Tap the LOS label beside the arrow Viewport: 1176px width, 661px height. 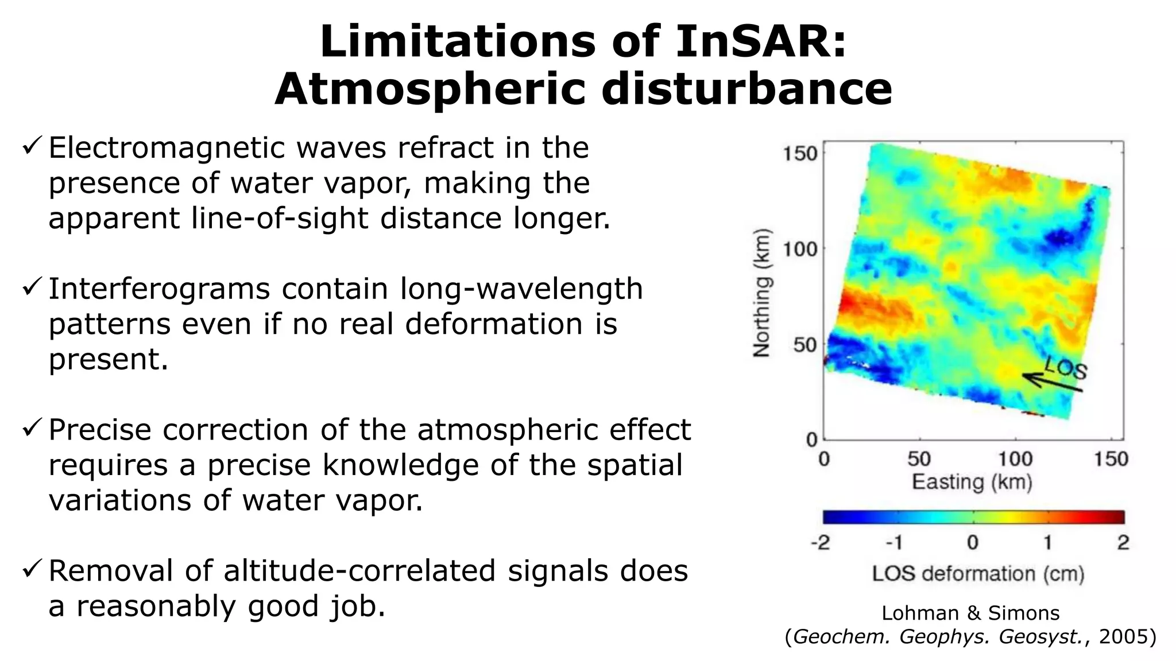1066,367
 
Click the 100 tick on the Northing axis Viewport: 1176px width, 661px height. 800,250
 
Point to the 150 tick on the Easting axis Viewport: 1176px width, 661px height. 1111,459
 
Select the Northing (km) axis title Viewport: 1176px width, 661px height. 762,293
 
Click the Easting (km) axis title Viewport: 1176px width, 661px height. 972,482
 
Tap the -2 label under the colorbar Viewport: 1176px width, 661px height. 820,542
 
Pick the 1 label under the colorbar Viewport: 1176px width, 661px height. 1047,542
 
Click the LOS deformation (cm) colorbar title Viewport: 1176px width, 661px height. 977,574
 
